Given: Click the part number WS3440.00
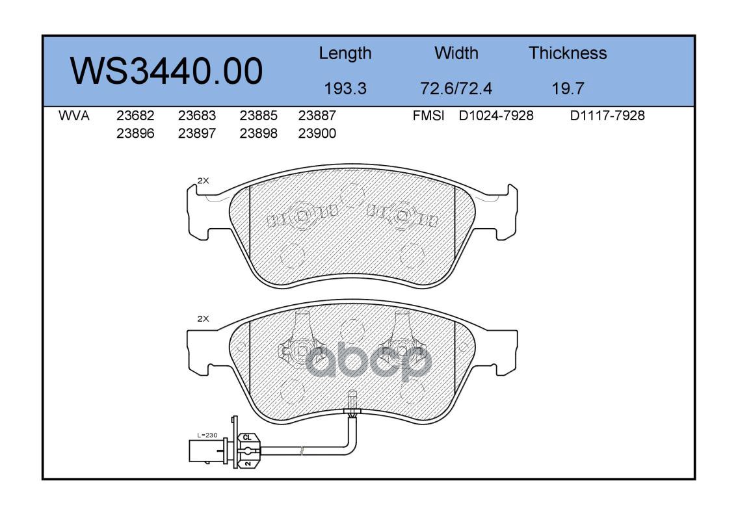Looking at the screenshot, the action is pos(166,71).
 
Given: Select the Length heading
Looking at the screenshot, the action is pos(345,54).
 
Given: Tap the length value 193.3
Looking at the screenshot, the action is pos(345,88).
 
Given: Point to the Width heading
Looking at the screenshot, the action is pos(456,53).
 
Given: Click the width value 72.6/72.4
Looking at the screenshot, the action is pos(456,88).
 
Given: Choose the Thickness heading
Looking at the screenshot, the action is pos(568,53).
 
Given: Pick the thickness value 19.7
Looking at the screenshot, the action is pos(568,88).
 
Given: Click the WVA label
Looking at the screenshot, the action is pos(74,116).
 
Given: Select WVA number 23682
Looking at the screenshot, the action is pos(135,116).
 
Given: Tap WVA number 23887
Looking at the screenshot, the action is pos(317,116).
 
